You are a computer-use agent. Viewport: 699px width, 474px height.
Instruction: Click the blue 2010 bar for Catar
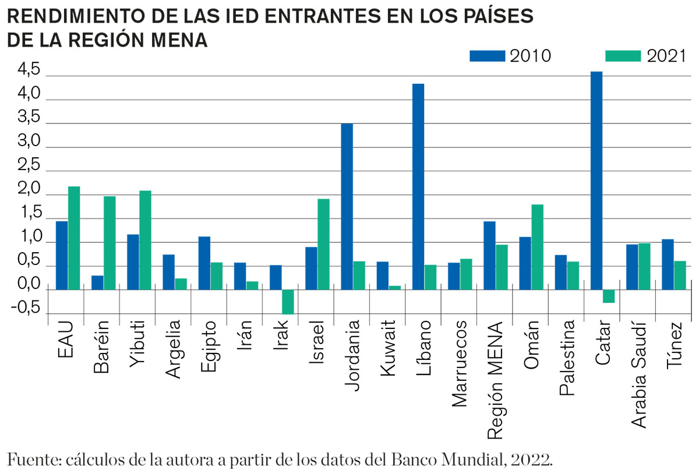pos(596,181)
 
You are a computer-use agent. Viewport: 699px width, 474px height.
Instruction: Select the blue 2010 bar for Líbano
pos(418,186)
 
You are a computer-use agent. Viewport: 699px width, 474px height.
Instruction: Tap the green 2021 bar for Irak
pos(288,302)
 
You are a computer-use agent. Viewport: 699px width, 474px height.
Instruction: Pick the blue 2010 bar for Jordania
pos(347,206)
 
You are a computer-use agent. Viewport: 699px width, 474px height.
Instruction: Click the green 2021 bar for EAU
pos(74,238)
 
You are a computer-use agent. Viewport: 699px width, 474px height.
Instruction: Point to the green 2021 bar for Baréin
pos(110,243)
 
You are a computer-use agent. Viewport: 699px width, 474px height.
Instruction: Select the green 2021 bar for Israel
pos(323,244)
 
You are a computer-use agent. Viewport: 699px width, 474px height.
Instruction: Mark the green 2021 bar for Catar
pos(609,296)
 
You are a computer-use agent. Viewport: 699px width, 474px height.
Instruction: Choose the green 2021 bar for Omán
pos(537,247)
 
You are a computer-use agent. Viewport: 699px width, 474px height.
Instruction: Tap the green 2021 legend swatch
pos(623,55)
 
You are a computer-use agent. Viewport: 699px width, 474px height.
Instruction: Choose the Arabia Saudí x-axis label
pos(639,373)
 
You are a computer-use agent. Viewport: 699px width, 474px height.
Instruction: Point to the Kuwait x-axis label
pos(387,346)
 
